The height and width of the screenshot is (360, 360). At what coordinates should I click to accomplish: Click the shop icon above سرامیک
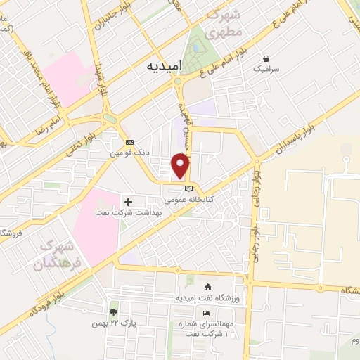pyautogui.click(x=266, y=59)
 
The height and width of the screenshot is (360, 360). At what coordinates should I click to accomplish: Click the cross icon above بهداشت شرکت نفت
pyautogui.click(x=129, y=202)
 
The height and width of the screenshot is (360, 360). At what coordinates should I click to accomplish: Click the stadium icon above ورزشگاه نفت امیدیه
pyautogui.click(x=207, y=287)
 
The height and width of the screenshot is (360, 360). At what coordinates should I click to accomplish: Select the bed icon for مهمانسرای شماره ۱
pyautogui.click(x=206, y=313)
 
